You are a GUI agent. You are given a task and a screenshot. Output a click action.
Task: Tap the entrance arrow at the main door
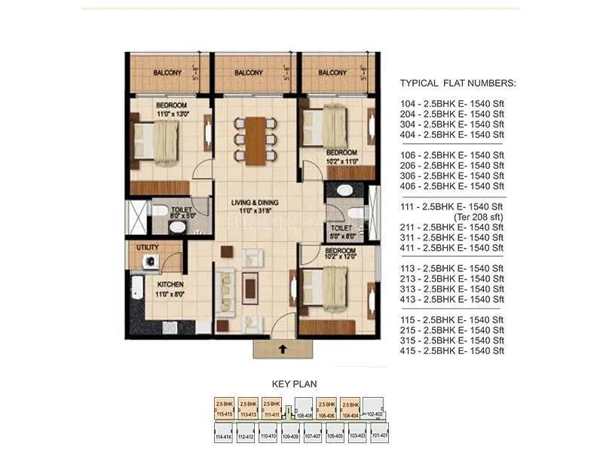pos(282,348)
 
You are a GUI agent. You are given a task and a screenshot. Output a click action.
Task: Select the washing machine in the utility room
pos(151,261)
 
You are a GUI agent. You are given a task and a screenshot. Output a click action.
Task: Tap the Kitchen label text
pos(170,285)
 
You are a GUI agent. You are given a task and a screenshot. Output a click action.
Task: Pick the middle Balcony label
pos(248,73)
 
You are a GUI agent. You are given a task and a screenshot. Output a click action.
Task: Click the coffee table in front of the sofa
pos(249,283)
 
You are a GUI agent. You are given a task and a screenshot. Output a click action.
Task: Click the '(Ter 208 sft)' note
pos(477,217)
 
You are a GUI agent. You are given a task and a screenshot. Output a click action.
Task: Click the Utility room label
pos(146,247)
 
